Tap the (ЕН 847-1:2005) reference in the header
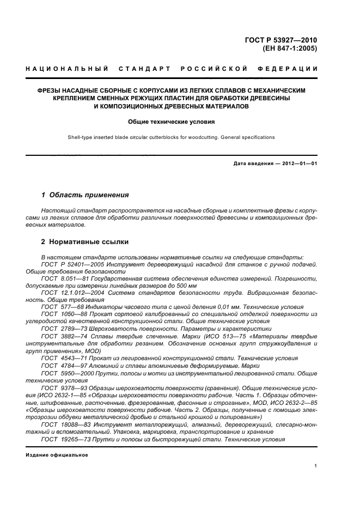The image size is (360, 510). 290,48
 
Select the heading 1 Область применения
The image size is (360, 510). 86,195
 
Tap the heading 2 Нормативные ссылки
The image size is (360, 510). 86,241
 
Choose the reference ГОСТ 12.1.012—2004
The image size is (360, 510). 77,293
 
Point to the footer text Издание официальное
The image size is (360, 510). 57,454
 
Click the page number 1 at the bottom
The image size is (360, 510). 316,466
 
